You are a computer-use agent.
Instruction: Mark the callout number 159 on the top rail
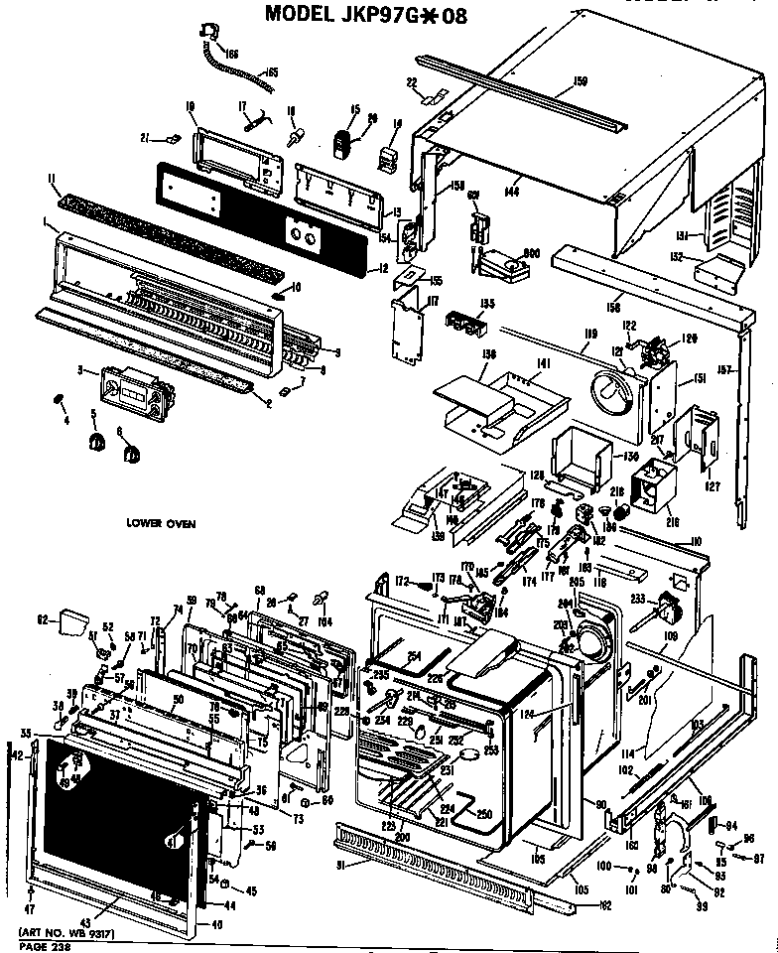pyautogui.click(x=581, y=79)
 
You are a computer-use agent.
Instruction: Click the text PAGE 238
pyautogui.click(x=41, y=946)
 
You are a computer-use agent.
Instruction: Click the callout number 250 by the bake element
pyautogui.click(x=484, y=813)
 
